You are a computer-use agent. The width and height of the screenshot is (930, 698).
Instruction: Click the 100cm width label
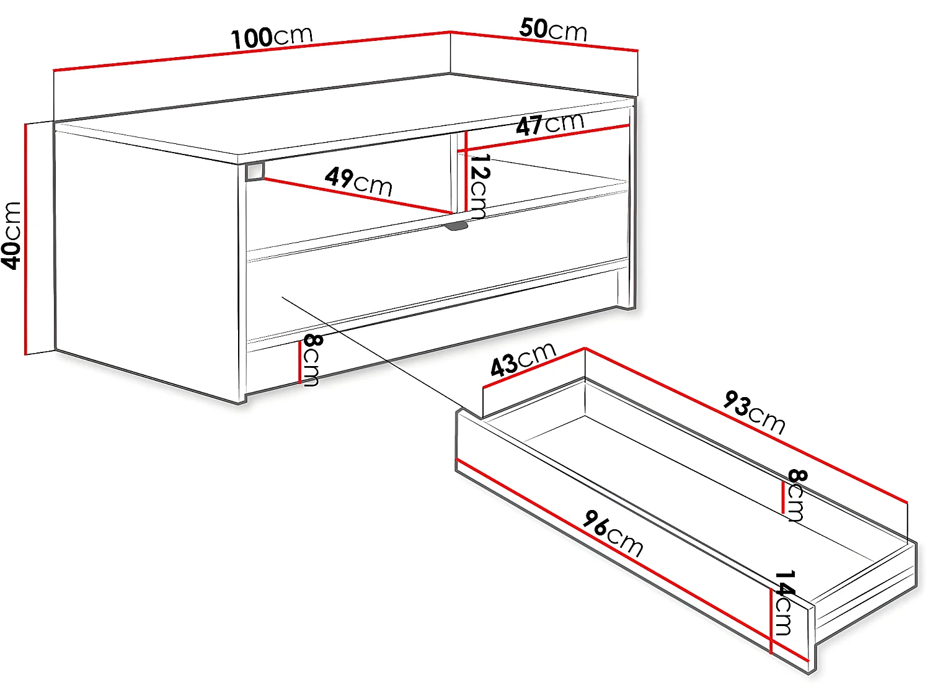coord(272,37)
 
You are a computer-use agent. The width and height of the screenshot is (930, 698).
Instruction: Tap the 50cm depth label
coord(553,29)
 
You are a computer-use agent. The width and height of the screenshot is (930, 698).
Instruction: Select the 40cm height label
coord(12,236)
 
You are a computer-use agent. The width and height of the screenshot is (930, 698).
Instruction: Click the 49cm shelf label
coord(358,181)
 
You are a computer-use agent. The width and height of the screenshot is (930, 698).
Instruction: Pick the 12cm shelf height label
coord(479,186)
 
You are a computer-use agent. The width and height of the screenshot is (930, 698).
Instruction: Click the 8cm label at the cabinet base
coord(311,360)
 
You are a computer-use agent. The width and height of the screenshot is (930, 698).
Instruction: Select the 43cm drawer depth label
coord(523,360)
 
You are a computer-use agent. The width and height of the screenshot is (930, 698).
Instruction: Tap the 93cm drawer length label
coord(754,412)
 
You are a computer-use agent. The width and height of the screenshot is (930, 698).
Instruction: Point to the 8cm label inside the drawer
coord(797,495)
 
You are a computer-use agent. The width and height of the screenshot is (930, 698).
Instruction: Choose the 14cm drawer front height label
coord(784,603)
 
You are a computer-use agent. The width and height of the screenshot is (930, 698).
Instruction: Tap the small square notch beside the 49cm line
coord(255,172)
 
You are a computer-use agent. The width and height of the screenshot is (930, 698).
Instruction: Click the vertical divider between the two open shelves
coord(454,174)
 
